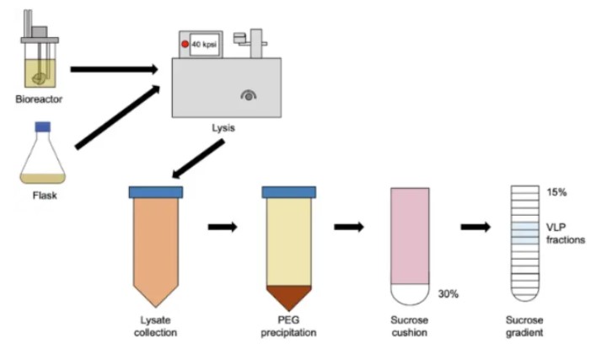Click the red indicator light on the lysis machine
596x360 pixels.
(x=184, y=43)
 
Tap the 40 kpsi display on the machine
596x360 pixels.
(x=205, y=43)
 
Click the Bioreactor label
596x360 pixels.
(x=39, y=99)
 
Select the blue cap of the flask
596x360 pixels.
(x=41, y=126)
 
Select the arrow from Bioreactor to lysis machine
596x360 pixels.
(x=114, y=68)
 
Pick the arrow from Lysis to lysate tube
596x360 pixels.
(x=199, y=159)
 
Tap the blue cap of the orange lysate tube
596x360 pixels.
(x=155, y=192)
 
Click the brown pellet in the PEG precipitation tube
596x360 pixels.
(x=288, y=296)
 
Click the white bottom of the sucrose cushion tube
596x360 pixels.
(x=411, y=294)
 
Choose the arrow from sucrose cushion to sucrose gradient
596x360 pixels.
(x=475, y=228)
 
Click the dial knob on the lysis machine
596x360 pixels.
(x=250, y=97)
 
